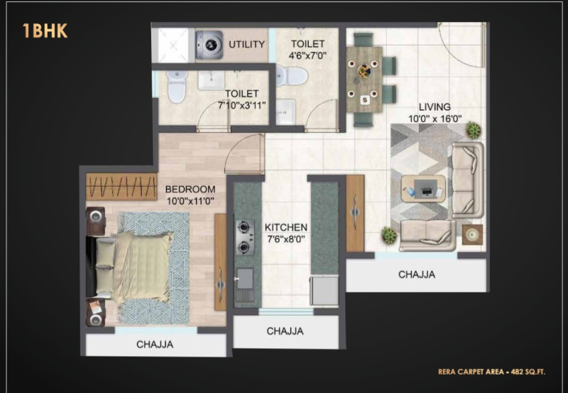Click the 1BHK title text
(x=45, y=31)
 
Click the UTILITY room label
(x=246, y=45)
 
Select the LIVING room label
(x=435, y=107)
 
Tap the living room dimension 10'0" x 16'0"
(x=435, y=119)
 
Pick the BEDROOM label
(x=190, y=189)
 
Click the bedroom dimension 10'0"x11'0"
(x=190, y=201)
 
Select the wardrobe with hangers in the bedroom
(x=121, y=188)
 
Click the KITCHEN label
(x=285, y=227)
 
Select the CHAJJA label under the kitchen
(x=285, y=331)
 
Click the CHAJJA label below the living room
(x=417, y=274)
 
